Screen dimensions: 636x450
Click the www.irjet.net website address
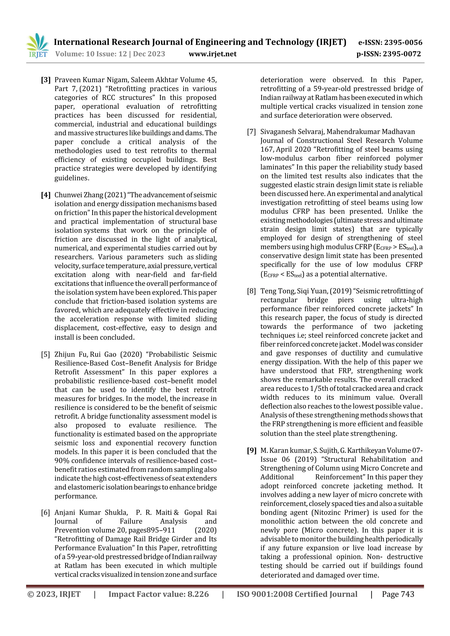pyautogui.click(x=212, y=54)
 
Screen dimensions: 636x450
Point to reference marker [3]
pyautogui.click(x=46, y=80)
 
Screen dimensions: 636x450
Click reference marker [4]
pyautogui.click(x=46, y=195)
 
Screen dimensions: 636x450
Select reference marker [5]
pyautogui.click(x=45, y=354)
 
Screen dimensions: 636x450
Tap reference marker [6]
pyautogui.click(x=45, y=512)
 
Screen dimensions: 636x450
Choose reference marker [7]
pyautogui.click(x=252, y=132)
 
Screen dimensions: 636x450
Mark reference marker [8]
pyautogui.click(x=252, y=291)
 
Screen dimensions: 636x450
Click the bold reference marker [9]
pyautogui.click(x=252, y=450)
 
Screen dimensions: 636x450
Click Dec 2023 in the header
pyautogui.click(x=149, y=54)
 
